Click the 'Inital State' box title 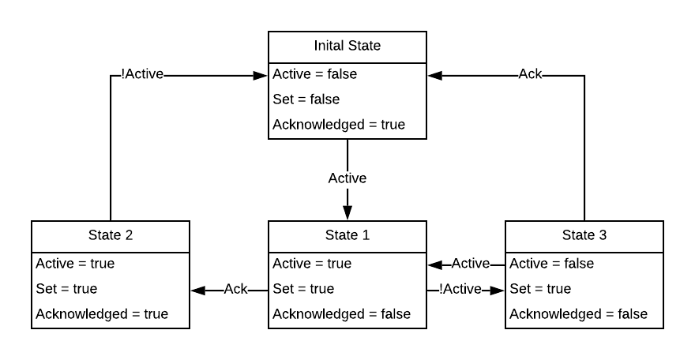pyautogui.click(x=347, y=46)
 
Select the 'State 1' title pyautogui.click(x=347, y=235)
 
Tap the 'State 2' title pyautogui.click(x=110, y=235)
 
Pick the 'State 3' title pyautogui.click(x=584, y=235)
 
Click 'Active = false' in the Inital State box pyautogui.click(x=315, y=74)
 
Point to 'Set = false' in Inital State pyautogui.click(x=306, y=99)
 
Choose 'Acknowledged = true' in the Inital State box pyautogui.click(x=339, y=125)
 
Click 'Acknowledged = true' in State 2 pyautogui.click(x=102, y=314)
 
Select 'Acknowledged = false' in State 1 pyautogui.click(x=342, y=314)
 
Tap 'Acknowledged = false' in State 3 pyautogui.click(x=579, y=314)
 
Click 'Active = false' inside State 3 pyautogui.click(x=552, y=264)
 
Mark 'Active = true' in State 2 pyautogui.click(x=75, y=264)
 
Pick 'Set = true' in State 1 pyautogui.click(x=303, y=289)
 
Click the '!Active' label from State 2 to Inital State pyautogui.click(x=142, y=75)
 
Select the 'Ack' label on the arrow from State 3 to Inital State pyautogui.click(x=530, y=75)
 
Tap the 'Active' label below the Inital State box pyautogui.click(x=347, y=178)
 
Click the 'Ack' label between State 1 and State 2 pyautogui.click(x=236, y=290)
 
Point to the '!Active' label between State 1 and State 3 pyautogui.click(x=460, y=290)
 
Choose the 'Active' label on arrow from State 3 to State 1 pyautogui.click(x=471, y=264)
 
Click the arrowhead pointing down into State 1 pyautogui.click(x=347, y=213)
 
